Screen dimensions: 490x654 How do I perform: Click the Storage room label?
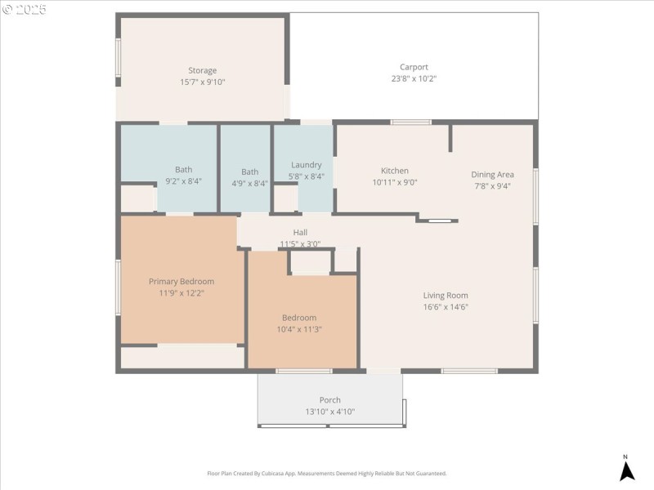[202, 70]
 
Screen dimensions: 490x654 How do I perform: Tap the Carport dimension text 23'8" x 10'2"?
[414, 79]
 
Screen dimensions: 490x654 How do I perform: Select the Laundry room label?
[306, 165]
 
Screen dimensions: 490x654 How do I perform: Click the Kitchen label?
[395, 171]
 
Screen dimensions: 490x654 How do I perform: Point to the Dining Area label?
[492, 174]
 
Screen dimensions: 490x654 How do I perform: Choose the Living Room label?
[446, 296]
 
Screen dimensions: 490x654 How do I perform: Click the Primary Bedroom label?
[181, 282]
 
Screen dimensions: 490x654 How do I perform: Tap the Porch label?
[330, 400]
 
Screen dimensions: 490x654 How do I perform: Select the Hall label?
[300, 233]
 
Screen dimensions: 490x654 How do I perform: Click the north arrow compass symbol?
[627, 470]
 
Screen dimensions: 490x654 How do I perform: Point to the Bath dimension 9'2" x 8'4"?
[183, 181]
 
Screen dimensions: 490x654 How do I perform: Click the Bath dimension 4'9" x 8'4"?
[249, 184]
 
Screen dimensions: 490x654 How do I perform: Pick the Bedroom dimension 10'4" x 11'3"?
[299, 329]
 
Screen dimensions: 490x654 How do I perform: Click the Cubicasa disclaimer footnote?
[327, 474]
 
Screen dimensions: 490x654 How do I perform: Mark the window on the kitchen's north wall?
[410, 122]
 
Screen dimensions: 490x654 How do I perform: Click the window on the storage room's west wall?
[118, 59]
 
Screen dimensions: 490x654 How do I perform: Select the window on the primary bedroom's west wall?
[118, 286]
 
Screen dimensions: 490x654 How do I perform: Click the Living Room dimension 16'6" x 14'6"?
[446, 307]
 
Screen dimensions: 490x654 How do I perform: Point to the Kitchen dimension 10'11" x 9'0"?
[395, 183]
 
